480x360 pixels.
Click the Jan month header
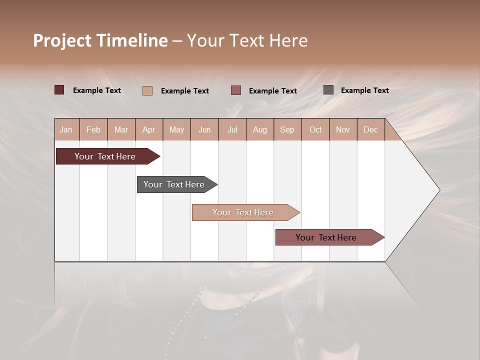pyautogui.click(x=66, y=129)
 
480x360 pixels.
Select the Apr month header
pyautogui.click(x=148, y=129)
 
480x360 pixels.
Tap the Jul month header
pyautogui.click(x=232, y=129)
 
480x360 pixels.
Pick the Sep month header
pyautogui.click(x=287, y=129)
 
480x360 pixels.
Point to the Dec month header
pyautogui.click(x=370, y=129)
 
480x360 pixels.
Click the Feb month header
pyautogui.click(x=93, y=129)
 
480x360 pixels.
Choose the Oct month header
pyautogui.click(x=315, y=129)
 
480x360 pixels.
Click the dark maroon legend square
pyautogui.click(x=59, y=90)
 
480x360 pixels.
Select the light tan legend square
pyautogui.click(x=147, y=90)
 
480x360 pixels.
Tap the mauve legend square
pyautogui.click(x=236, y=90)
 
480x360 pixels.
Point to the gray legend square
pyautogui.click(x=328, y=90)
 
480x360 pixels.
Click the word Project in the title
pyautogui.click(x=62, y=40)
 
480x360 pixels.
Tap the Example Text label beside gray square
pyautogui.click(x=364, y=90)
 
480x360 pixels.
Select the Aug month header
pyautogui.click(x=260, y=129)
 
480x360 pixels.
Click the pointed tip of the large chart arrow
pyautogui.click(x=438, y=190)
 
